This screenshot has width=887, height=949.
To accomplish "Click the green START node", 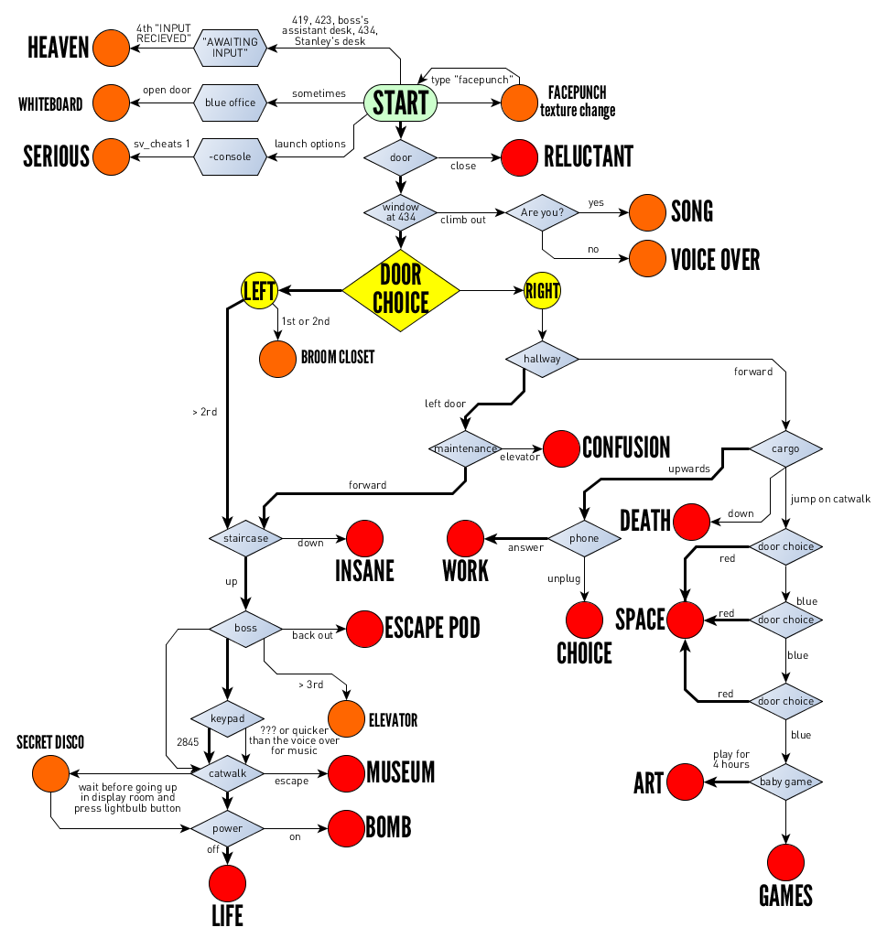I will [400, 102].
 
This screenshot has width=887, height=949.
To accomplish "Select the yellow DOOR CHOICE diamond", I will [400, 291].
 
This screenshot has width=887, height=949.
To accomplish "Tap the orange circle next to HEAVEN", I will [110, 49].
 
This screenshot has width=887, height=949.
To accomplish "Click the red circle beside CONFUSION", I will [562, 448].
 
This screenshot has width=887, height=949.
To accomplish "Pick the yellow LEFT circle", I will [259, 291].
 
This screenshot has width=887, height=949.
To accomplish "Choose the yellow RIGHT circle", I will [542, 291].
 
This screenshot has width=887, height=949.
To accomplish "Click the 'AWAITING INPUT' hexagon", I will [231, 49].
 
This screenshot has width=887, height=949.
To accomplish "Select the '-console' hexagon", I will [231, 156].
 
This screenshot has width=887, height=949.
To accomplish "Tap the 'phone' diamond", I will [584, 538].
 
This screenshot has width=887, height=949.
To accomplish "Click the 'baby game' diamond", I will [786, 782].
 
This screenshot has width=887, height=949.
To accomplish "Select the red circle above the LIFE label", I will [227, 883].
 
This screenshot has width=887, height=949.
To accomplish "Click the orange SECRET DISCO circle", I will [49, 774].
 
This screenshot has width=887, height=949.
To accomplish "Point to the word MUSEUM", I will [400, 772].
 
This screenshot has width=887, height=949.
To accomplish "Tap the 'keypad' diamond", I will [227, 719].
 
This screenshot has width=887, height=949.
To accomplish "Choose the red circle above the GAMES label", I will [786, 862].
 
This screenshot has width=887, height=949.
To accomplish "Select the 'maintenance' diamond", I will [465, 448].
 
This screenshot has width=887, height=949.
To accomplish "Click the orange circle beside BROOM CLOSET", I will [277, 358].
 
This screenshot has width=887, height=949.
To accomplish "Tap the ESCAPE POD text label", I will [432, 629].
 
